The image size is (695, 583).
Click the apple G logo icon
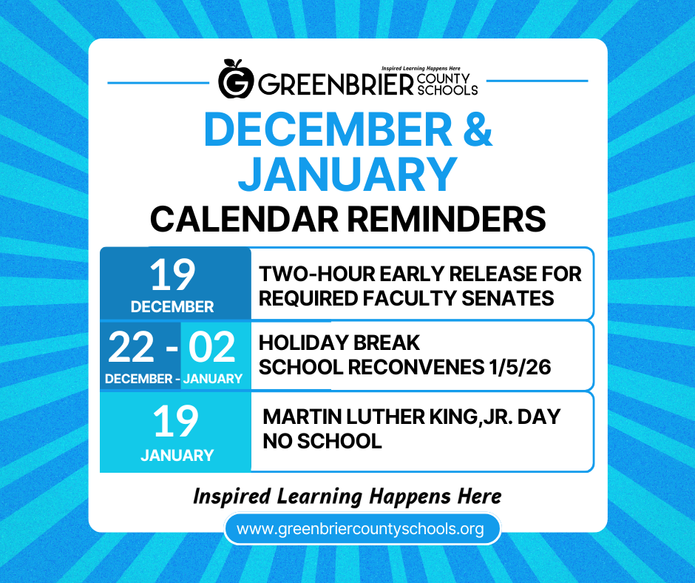click(x=236, y=78)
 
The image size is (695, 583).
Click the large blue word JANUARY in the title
click(x=347, y=174)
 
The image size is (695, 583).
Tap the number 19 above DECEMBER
click(x=173, y=275)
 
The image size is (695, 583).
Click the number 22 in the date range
click(x=132, y=347)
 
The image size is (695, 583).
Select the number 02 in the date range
click(x=212, y=347)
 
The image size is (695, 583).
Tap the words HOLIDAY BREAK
click(x=339, y=343)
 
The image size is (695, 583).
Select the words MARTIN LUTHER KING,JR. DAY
click(x=412, y=417)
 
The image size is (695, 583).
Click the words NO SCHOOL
click(x=322, y=442)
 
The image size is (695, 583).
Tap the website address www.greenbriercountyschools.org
click(x=360, y=529)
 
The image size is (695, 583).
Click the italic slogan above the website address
click(x=347, y=496)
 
